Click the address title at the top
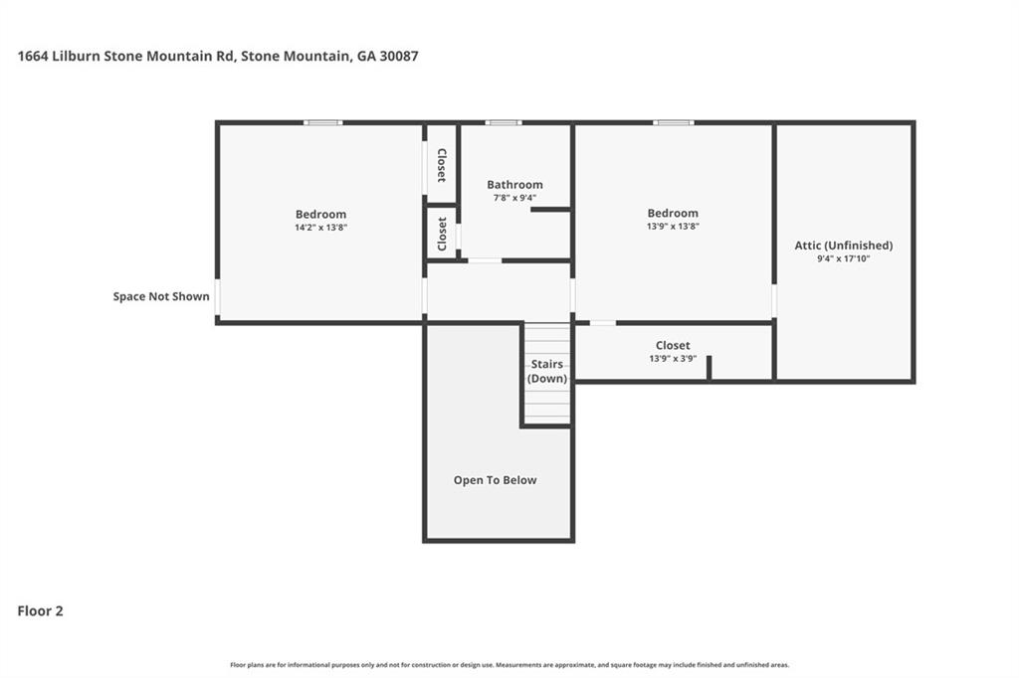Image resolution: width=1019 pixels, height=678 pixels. click(218, 57)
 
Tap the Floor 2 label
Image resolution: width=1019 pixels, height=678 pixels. click(40, 611)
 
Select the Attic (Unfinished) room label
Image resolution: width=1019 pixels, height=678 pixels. click(843, 246)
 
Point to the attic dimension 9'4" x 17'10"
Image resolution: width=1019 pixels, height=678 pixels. click(843, 258)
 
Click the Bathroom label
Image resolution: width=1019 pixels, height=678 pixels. click(514, 184)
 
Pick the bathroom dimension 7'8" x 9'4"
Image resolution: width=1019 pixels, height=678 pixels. click(514, 197)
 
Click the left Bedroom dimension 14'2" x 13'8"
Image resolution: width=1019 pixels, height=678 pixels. click(320, 228)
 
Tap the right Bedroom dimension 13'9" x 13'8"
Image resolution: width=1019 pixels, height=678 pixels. click(673, 226)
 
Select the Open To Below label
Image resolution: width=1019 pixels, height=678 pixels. click(495, 480)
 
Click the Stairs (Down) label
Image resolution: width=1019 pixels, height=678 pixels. click(547, 371)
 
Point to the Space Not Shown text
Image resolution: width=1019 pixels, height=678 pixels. click(161, 296)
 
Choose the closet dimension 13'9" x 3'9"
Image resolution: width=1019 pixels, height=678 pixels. click(673, 358)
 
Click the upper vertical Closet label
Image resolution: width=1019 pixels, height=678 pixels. click(442, 165)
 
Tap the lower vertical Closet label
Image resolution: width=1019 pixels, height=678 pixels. click(442, 234)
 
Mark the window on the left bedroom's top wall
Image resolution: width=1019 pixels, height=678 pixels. click(322, 122)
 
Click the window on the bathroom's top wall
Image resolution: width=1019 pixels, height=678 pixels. click(504, 122)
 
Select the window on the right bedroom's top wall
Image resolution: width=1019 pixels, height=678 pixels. click(673, 122)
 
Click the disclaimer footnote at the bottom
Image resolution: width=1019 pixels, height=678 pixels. click(509, 665)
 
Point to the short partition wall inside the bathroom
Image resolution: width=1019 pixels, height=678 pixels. click(550, 210)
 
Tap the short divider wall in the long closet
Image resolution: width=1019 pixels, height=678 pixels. click(709, 367)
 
